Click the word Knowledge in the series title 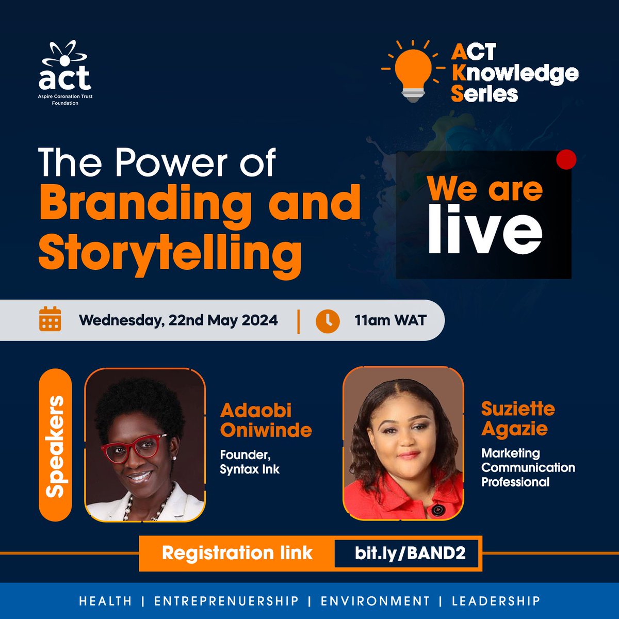coord(515,73)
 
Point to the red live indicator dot coord(567,160)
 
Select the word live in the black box coord(485,231)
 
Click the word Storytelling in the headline coord(170,252)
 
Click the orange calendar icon coord(50,319)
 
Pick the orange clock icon coord(328,321)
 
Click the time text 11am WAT coord(390,320)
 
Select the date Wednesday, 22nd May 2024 coord(178,320)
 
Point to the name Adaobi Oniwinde coord(266,420)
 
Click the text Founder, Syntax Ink coord(250,462)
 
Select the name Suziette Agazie coord(518,418)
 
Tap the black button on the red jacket coord(437,510)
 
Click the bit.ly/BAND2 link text coord(410,553)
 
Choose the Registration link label coord(237,553)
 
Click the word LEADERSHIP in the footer coord(496,601)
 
